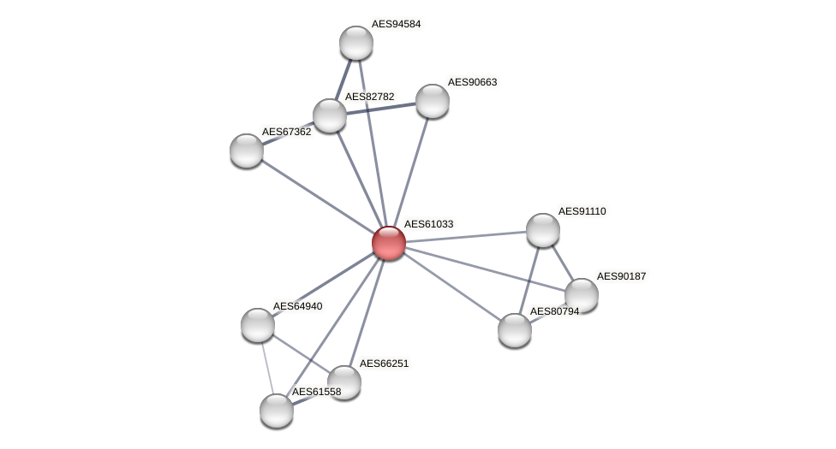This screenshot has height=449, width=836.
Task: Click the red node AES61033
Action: point(389,243)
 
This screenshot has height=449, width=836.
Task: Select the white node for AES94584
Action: point(356,43)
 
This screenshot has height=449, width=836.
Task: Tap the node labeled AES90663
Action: point(433,101)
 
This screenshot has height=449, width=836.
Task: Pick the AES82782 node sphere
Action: point(330,115)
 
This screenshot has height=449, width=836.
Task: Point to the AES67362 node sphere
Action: point(247,151)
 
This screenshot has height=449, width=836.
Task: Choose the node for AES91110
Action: point(543,230)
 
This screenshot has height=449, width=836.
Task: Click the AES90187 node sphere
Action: point(582,295)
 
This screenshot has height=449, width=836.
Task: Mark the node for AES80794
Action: point(515,330)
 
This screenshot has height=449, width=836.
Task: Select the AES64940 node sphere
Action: point(258,325)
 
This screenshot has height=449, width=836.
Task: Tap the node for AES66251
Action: point(344,382)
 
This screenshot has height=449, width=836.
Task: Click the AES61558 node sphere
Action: point(277,411)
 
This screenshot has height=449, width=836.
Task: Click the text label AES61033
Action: point(428,224)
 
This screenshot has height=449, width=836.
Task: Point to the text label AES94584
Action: point(396,24)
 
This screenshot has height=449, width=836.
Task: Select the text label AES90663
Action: point(472,82)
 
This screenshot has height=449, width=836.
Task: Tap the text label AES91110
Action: point(582,211)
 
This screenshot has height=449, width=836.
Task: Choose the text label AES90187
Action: point(621,276)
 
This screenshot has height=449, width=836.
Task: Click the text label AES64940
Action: point(297,306)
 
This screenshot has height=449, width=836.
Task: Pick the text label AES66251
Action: point(384,363)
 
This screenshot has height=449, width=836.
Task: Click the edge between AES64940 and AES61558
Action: point(267,368)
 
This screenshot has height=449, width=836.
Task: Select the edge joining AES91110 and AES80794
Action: point(529,279)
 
